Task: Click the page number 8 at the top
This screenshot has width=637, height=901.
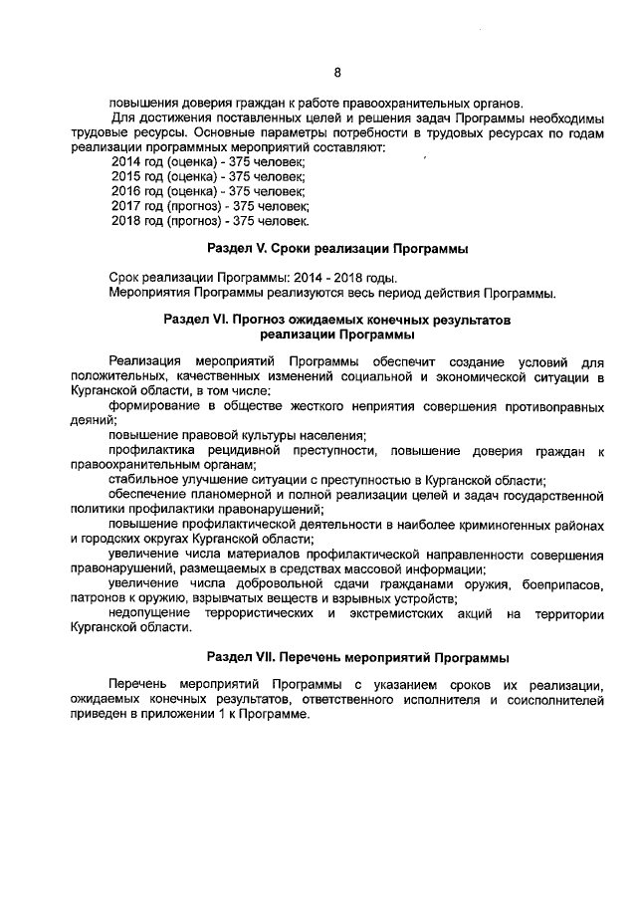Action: [337, 72]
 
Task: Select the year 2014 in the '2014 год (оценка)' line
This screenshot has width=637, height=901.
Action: [126, 160]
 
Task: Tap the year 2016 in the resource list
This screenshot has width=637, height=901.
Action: [126, 190]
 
